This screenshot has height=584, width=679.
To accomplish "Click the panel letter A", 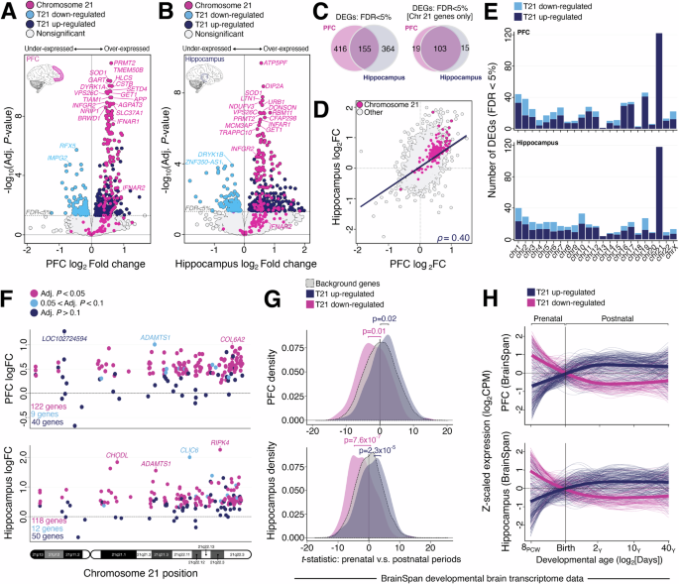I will [7, 9].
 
